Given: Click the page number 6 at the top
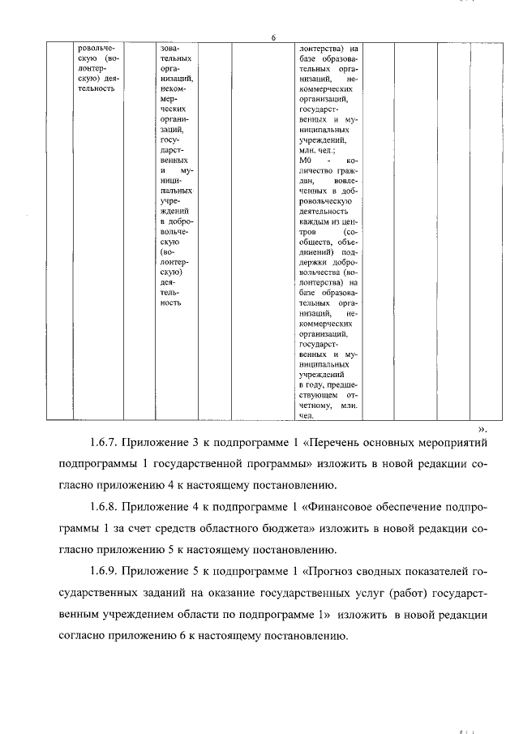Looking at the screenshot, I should (273, 38).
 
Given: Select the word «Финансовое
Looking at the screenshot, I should (338, 508).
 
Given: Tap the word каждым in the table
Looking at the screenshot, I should (315, 220).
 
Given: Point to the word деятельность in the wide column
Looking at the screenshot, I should (323, 208).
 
